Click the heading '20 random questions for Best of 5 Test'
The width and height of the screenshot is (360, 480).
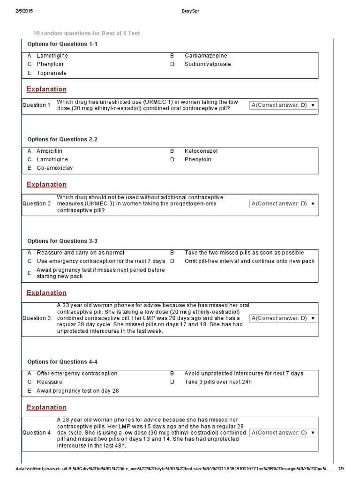(86, 33)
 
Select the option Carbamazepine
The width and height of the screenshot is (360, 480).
(205, 55)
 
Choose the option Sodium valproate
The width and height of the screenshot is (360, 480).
(207, 64)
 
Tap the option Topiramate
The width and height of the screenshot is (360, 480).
(51, 73)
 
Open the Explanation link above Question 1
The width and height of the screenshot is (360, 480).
(46, 89)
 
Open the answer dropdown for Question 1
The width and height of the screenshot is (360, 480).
(283, 105)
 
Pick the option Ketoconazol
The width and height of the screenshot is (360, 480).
(201, 151)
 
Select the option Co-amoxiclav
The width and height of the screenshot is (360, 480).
(54, 168)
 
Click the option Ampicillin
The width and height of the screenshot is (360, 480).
(49, 151)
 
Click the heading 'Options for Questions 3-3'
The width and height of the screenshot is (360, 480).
(62, 241)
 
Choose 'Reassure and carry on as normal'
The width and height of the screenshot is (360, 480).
(80, 253)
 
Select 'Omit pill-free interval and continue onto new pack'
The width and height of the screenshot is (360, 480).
(249, 261)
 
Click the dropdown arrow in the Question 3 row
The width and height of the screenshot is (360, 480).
(313, 319)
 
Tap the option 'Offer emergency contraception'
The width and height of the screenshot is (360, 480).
(77, 374)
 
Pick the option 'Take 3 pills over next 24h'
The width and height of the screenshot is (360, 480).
(218, 382)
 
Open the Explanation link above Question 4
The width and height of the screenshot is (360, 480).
(46, 407)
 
